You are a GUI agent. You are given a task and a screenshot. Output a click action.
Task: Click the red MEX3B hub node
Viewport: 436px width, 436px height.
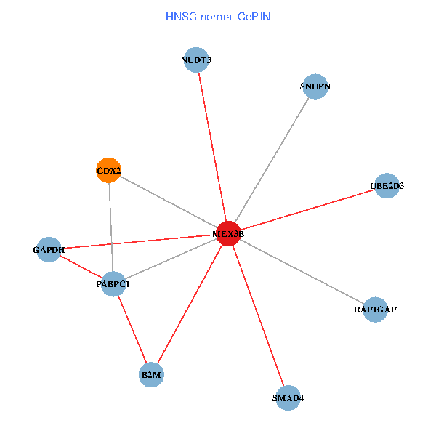[228, 233]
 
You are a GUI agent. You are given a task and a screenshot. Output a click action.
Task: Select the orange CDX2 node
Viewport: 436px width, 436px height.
[108, 171]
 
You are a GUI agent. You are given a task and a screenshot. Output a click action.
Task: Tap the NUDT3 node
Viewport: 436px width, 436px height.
[196, 60]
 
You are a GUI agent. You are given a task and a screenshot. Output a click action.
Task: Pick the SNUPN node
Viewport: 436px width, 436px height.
[315, 87]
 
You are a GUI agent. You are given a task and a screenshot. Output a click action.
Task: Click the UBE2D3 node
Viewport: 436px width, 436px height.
[387, 186]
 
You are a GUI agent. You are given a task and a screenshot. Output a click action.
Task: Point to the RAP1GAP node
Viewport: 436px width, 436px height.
[375, 310]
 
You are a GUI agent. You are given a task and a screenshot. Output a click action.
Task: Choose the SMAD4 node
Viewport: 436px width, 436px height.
[288, 397]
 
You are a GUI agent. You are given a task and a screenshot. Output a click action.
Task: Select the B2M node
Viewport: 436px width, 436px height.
[151, 375]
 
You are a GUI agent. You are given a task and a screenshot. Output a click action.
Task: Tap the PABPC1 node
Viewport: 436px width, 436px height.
[113, 284]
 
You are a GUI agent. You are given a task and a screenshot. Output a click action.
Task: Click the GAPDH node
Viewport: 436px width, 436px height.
[49, 250]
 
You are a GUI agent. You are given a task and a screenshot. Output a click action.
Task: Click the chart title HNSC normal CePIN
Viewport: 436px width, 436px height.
[218, 16]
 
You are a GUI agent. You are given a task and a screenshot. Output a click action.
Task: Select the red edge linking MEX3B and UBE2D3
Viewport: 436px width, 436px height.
[307, 209]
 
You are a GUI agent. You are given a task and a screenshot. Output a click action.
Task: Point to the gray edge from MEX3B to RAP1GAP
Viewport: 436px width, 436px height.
[302, 272]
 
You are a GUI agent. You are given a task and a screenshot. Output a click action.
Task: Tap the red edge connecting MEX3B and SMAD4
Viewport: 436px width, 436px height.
[258, 315]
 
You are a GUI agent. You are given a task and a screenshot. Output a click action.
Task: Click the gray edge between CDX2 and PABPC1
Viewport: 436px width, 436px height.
[110, 227]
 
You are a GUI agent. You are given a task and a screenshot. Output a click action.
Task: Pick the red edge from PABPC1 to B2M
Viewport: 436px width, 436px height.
[132, 329]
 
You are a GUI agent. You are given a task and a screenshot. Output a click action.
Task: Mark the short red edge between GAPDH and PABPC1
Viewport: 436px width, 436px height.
[81, 267]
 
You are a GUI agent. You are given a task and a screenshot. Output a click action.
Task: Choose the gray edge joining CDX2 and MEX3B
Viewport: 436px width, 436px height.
[168, 202]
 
